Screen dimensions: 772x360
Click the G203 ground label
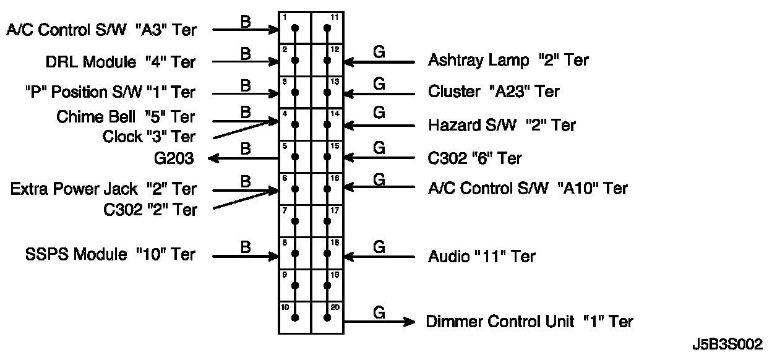point(174,158)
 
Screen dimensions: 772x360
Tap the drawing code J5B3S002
point(727,344)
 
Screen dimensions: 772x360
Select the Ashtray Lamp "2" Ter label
point(508,60)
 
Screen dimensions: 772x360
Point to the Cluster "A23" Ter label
point(493,92)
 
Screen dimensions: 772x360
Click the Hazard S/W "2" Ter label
point(502,125)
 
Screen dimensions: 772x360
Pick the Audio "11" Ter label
point(481,257)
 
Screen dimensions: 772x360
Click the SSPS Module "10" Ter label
point(110,254)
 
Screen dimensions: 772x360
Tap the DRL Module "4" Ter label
point(120,62)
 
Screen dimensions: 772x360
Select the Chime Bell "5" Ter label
point(126,117)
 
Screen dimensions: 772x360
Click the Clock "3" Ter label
point(149,137)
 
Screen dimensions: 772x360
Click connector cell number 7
point(294,221)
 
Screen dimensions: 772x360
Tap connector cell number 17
point(327,221)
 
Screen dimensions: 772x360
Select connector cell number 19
point(327,285)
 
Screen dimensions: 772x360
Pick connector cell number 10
point(294,317)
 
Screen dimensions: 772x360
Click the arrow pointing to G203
point(243,158)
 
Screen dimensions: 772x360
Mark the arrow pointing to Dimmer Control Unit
point(379,322)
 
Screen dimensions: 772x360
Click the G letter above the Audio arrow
point(379,247)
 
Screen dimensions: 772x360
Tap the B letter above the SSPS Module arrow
point(246,247)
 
